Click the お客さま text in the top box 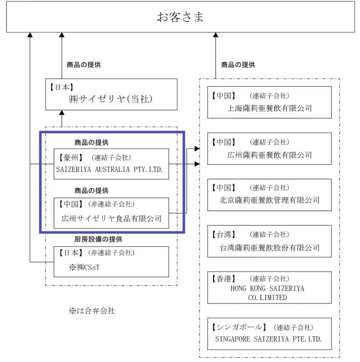[x=180, y=17]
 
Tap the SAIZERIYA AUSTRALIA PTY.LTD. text [x=110, y=169]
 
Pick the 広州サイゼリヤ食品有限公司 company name [x=111, y=218]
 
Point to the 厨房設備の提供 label [x=98, y=239]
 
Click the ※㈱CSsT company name [x=84, y=267]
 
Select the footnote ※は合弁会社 [x=92, y=311]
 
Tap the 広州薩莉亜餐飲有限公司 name [x=270, y=155]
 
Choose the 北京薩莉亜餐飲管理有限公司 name [x=270, y=200]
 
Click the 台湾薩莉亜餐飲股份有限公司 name [x=270, y=248]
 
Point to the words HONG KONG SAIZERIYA [x=267, y=288]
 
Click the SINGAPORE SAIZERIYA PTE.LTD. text [x=268, y=339]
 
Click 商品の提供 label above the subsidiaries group [x=238, y=65]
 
